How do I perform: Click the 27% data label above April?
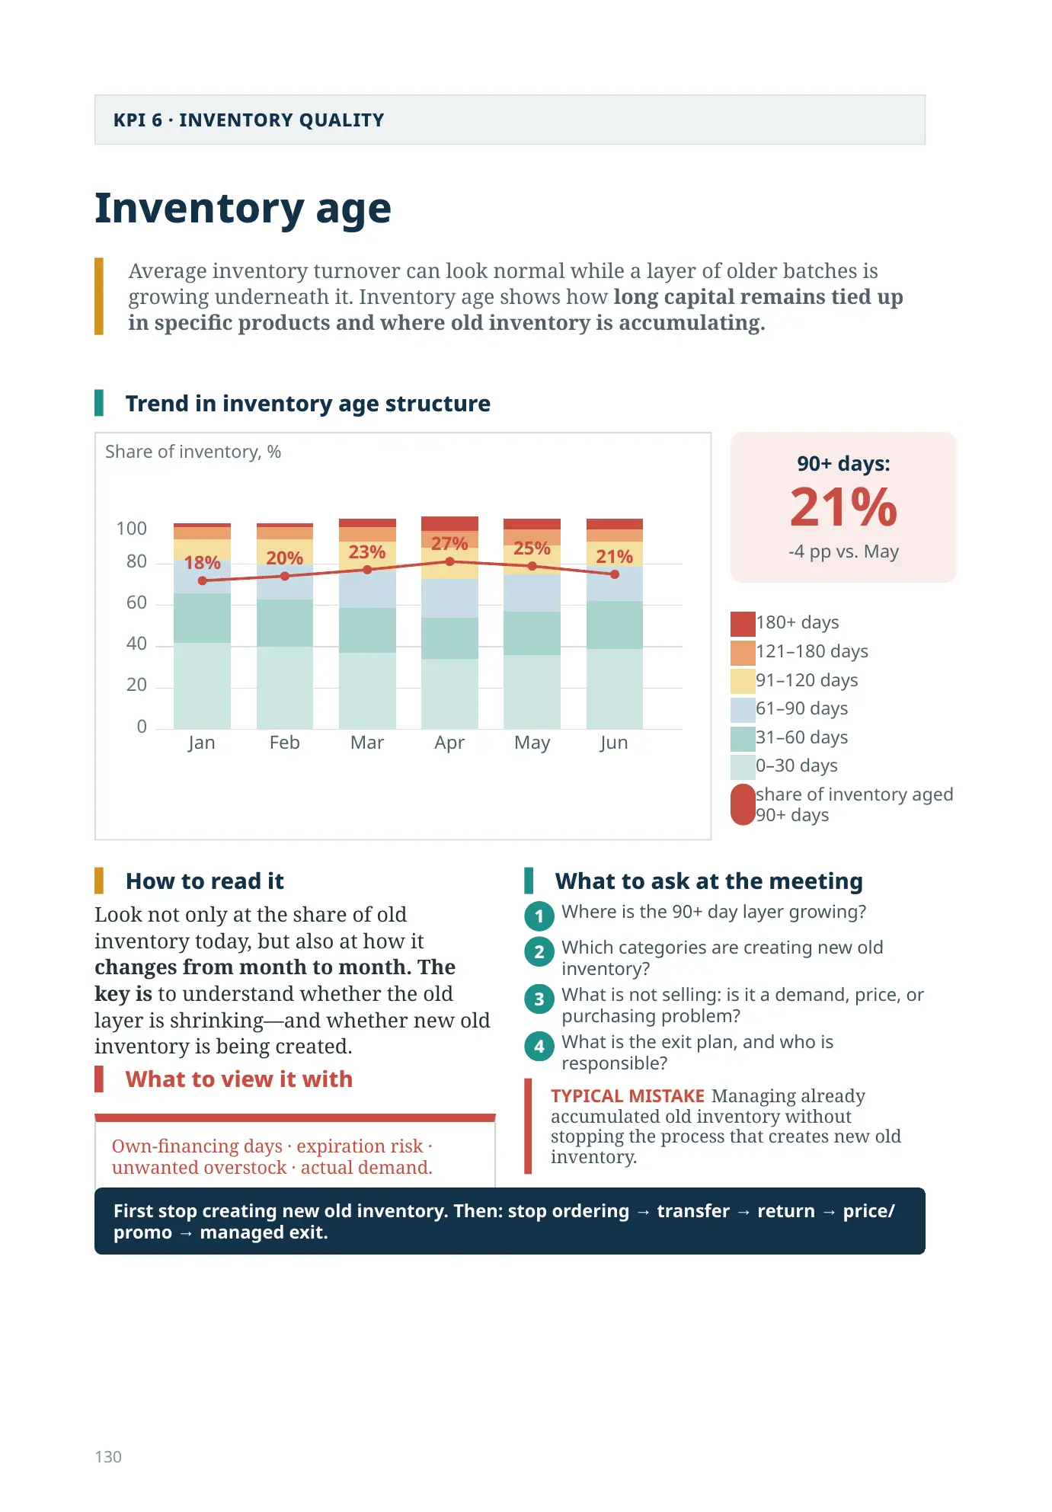click(x=449, y=543)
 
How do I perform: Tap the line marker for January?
click(x=202, y=580)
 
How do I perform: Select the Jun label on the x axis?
click(x=614, y=743)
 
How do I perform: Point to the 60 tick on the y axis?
click(x=136, y=603)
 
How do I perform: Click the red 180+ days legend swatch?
click(x=743, y=623)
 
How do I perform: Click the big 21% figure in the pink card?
click(x=843, y=507)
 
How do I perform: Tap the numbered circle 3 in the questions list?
click(x=539, y=999)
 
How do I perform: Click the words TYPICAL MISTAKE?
click(x=628, y=1096)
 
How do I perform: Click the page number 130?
click(x=108, y=1456)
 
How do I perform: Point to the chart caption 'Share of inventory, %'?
click(x=193, y=452)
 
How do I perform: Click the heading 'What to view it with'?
click(x=239, y=1079)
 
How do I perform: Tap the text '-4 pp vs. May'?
click(x=843, y=551)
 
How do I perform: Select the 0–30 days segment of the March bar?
click(x=367, y=690)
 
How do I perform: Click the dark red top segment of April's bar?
click(x=449, y=523)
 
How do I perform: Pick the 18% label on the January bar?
click(x=202, y=563)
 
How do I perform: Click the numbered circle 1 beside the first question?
click(x=539, y=916)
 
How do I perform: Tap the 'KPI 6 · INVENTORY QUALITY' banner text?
click(x=248, y=120)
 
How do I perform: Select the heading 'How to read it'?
click(x=205, y=881)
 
